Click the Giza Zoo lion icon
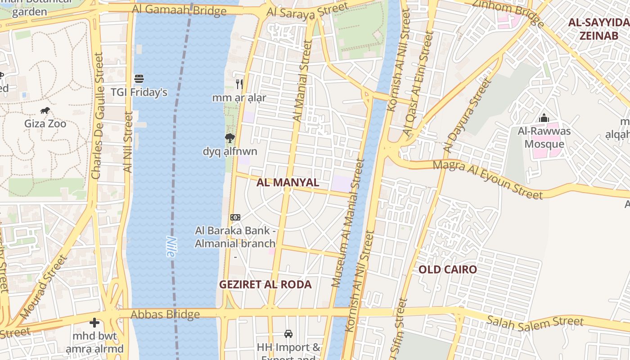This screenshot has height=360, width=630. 45,110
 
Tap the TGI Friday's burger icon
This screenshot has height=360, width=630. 139,79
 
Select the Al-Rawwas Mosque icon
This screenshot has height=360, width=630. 544,118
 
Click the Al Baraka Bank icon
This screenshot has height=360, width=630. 235,217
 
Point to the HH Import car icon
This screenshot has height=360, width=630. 288,334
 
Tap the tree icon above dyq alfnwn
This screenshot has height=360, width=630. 229,138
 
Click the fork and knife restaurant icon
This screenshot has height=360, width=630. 239,84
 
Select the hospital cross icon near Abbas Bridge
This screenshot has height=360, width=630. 94,322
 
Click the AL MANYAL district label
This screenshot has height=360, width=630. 288,183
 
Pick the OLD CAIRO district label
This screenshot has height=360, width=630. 447,270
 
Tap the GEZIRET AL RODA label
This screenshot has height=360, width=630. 265,284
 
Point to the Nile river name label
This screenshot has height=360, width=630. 170,247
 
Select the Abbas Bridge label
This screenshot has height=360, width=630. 165,314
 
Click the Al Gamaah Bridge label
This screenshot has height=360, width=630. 179,10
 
